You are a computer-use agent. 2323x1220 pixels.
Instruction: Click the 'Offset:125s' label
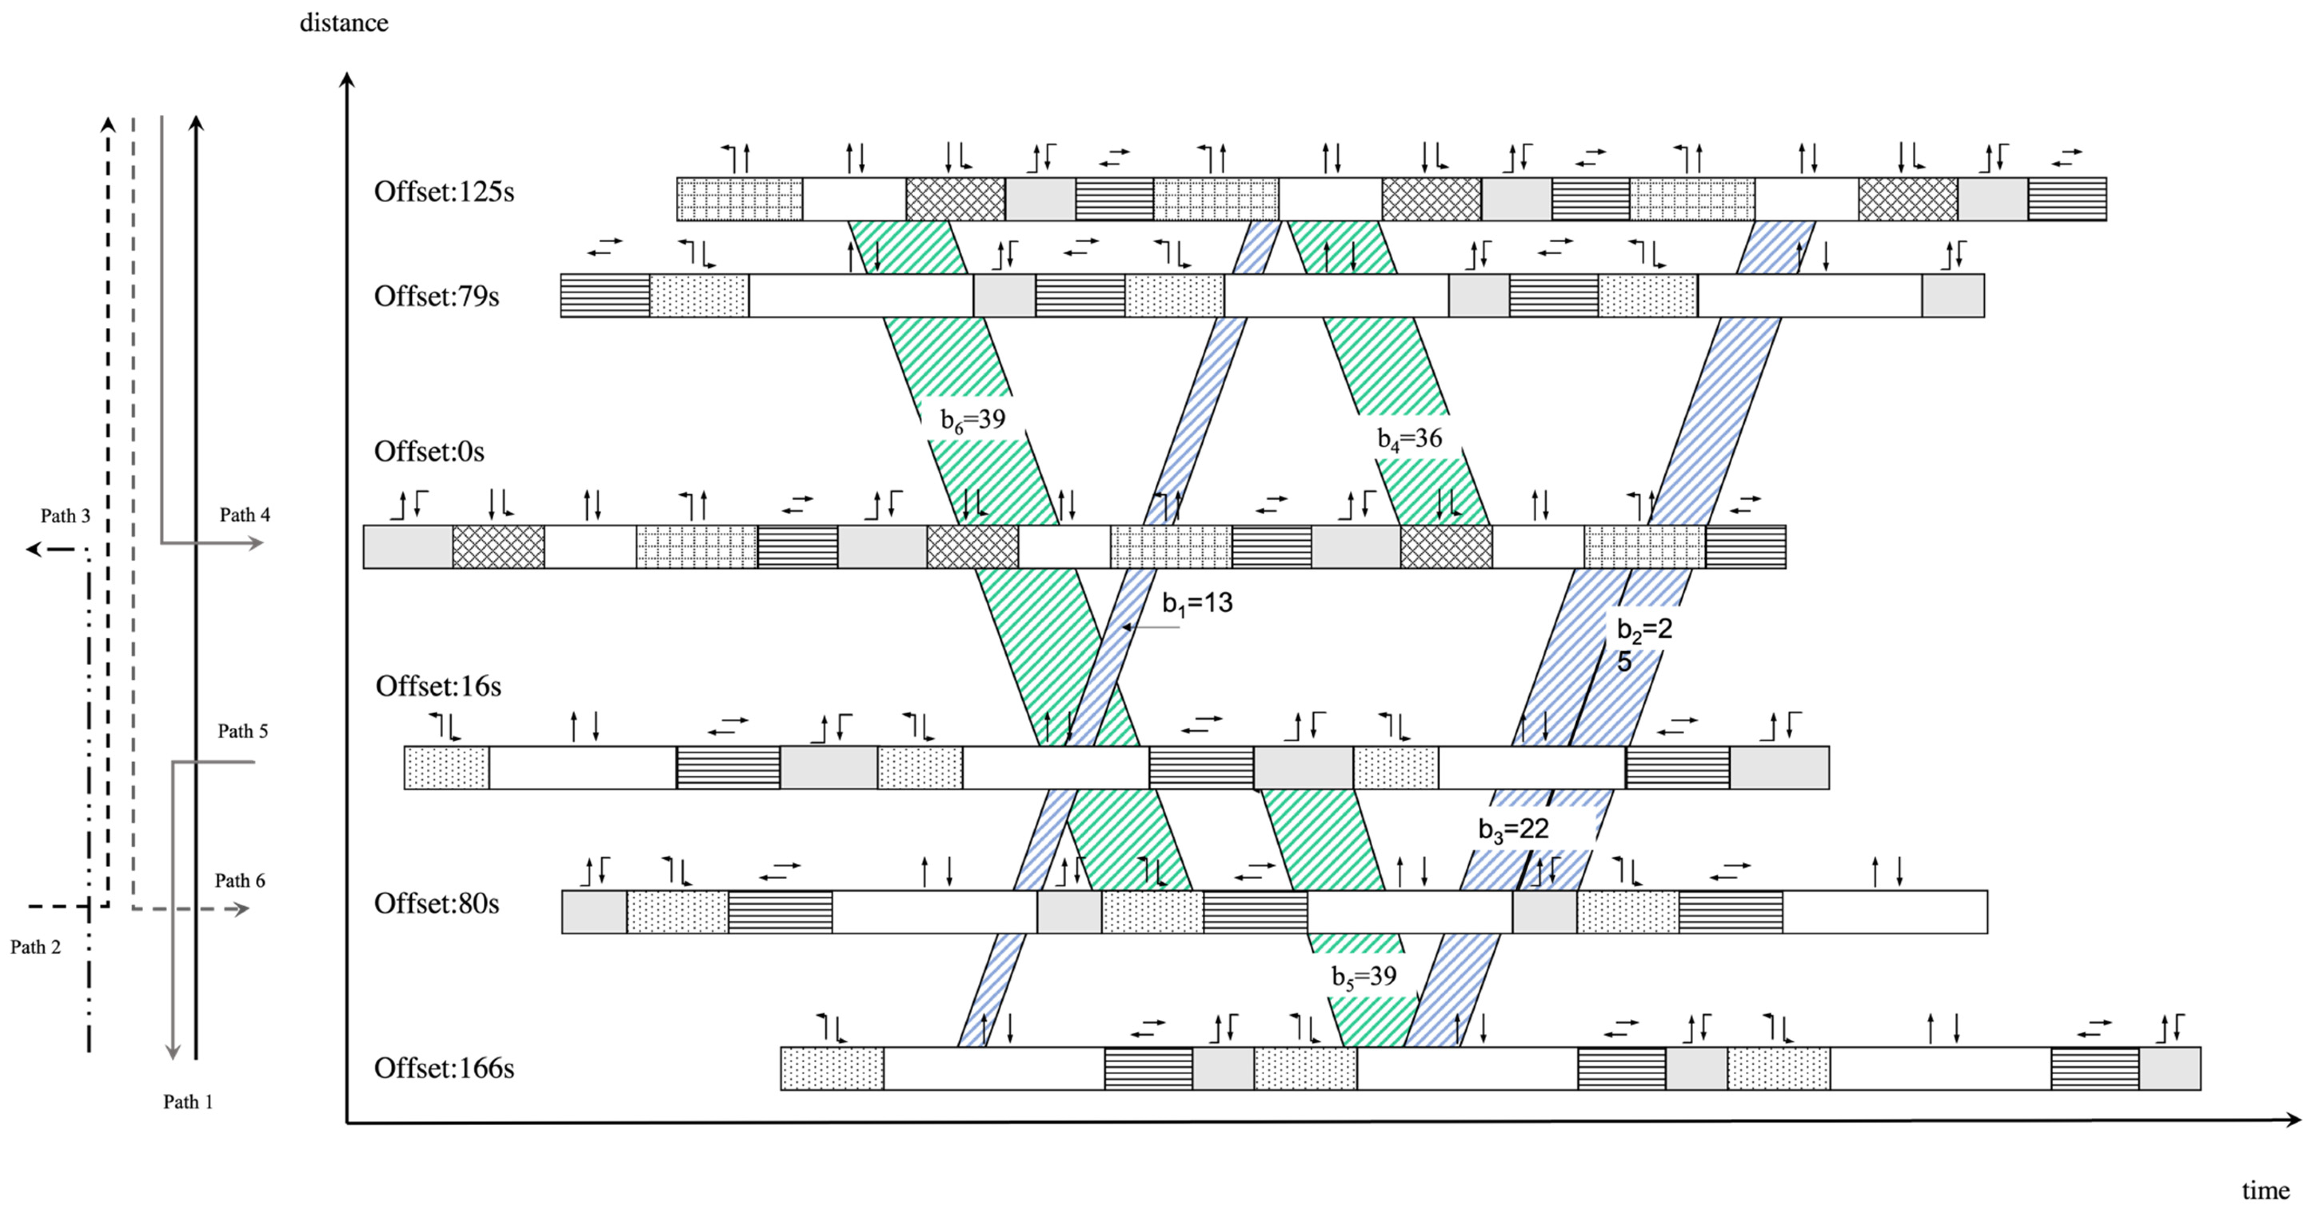click(x=444, y=192)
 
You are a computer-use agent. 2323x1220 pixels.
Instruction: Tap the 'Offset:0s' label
click(x=429, y=451)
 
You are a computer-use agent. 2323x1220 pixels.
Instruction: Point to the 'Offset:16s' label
click(x=438, y=686)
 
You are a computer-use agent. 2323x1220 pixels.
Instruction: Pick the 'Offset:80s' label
click(x=436, y=903)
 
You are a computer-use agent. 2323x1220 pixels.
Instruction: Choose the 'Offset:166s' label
click(x=444, y=1069)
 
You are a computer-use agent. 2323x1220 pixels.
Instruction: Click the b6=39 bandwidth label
click(x=972, y=420)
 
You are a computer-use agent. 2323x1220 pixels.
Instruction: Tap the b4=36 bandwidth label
click(x=1410, y=439)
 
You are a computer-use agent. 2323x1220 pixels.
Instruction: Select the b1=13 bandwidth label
click(x=1197, y=603)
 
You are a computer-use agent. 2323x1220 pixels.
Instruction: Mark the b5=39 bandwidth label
click(x=1363, y=976)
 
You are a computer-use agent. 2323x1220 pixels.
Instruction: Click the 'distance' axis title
click(x=343, y=23)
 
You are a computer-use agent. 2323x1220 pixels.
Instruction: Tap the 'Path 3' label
click(x=65, y=516)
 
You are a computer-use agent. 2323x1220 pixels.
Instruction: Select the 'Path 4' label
click(x=244, y=515)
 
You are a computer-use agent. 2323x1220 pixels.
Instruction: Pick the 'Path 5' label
click(x=243, y=731)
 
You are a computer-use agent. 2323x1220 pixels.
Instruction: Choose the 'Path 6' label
click(x=240, y=881)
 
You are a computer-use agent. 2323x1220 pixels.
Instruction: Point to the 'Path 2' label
click(x=35, y=947)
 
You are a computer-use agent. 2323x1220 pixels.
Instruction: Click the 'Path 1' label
click(x=187, y=1102)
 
